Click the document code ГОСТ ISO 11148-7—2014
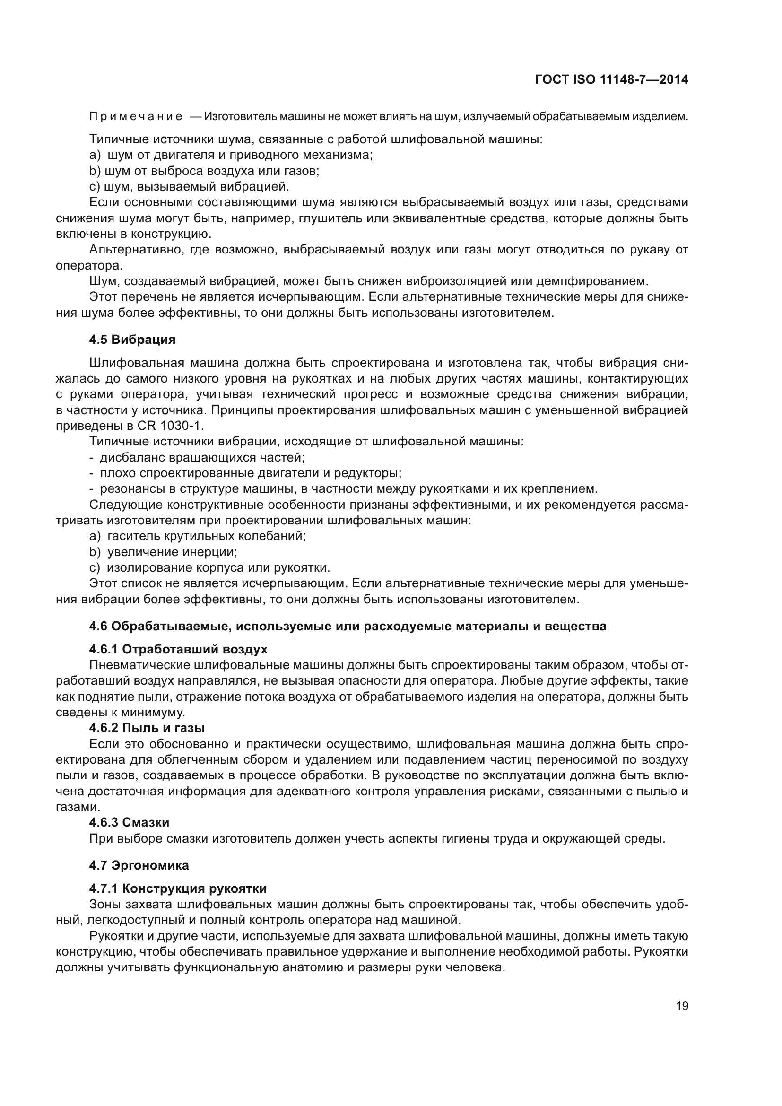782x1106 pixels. (611, 79)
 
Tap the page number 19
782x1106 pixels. (682, 1006)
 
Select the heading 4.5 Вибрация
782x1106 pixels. (132, 340)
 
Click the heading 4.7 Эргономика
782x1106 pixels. (139, 865)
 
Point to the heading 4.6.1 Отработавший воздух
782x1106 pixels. (178, 649)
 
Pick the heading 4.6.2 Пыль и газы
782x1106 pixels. (147, 727)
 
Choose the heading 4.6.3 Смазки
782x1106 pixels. (129, 822)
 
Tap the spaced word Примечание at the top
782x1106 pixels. (136, 117)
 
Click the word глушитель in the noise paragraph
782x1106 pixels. (330, 218)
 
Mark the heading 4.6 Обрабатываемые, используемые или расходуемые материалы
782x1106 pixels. (348, 626)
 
